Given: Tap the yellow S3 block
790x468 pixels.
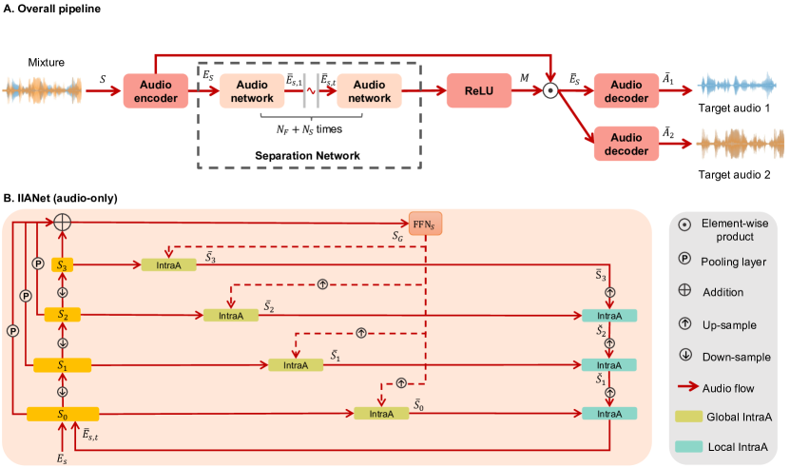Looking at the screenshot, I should (64, 264).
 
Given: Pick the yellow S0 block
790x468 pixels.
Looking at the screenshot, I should (63, 414).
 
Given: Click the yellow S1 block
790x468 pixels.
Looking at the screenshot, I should (63, 364).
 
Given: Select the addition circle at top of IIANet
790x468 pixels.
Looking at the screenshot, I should (64, 222).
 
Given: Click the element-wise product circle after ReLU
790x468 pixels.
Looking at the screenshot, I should (549, 91).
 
